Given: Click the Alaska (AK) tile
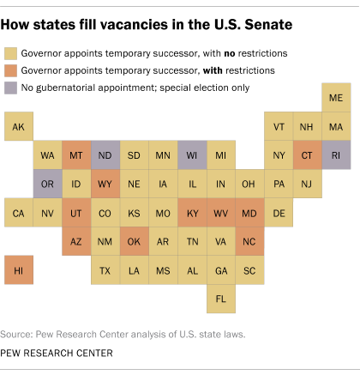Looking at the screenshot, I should [19, 128].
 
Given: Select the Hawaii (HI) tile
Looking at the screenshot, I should [19, 269].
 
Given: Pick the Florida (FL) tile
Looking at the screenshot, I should [221, 298].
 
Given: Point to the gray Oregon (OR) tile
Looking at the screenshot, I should [48, 184].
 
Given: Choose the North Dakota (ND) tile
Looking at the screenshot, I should [105, 156].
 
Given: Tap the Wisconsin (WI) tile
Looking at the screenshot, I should [192, 156].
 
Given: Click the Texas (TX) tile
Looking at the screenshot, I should [105, 269].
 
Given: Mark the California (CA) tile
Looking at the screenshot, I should [19, 213].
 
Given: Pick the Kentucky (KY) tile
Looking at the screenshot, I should [192, 213].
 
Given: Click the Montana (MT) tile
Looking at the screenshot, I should [76, 156].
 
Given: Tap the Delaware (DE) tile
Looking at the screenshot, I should [279, 213].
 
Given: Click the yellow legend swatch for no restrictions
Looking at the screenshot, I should [12, 53].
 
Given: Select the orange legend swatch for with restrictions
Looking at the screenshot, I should [12, 70].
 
